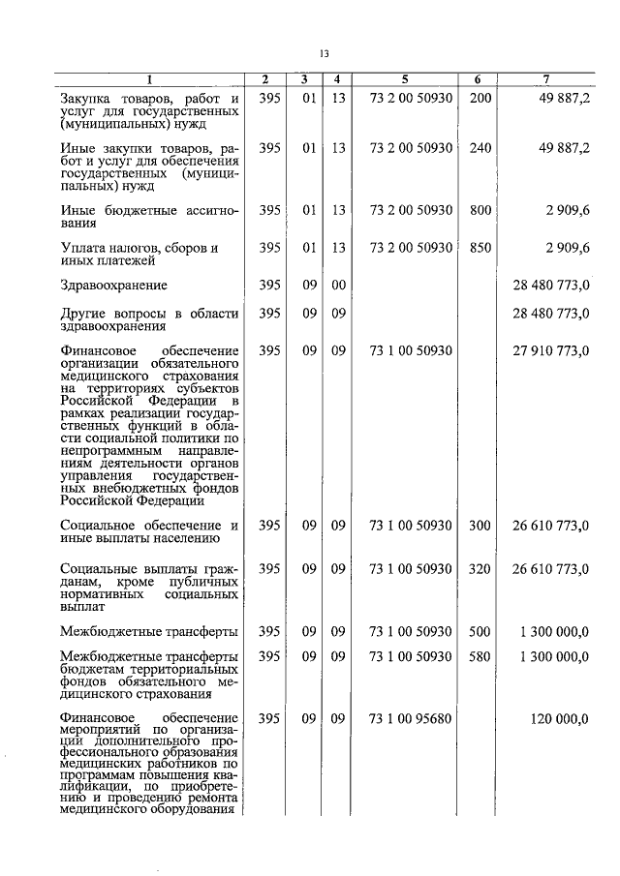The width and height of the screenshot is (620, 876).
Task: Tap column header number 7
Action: click(547, 79)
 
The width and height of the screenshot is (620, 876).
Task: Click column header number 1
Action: click(149, 79)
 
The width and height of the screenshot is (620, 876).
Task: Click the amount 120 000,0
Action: click(561, 719)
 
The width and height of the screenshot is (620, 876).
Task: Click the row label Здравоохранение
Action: click(113, 286)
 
